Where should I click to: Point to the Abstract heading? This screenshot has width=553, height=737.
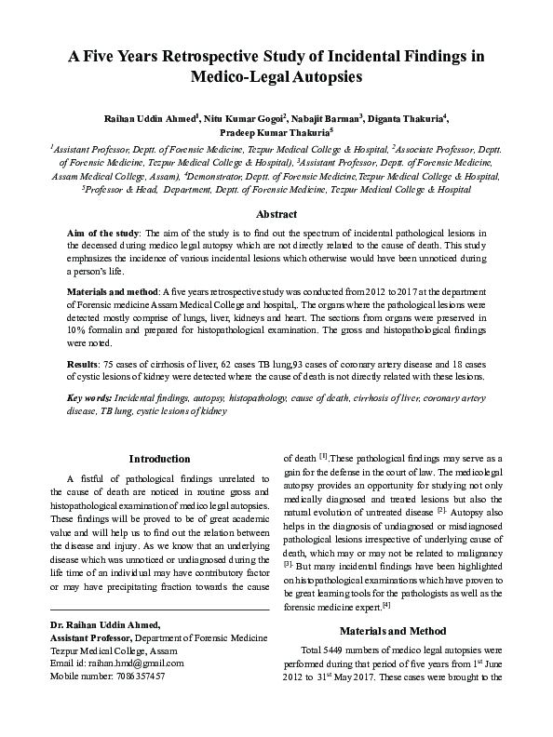276,214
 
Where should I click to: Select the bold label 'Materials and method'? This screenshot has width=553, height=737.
109,291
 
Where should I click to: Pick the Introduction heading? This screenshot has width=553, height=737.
159,458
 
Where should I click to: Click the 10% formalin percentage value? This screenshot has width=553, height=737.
79,328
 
